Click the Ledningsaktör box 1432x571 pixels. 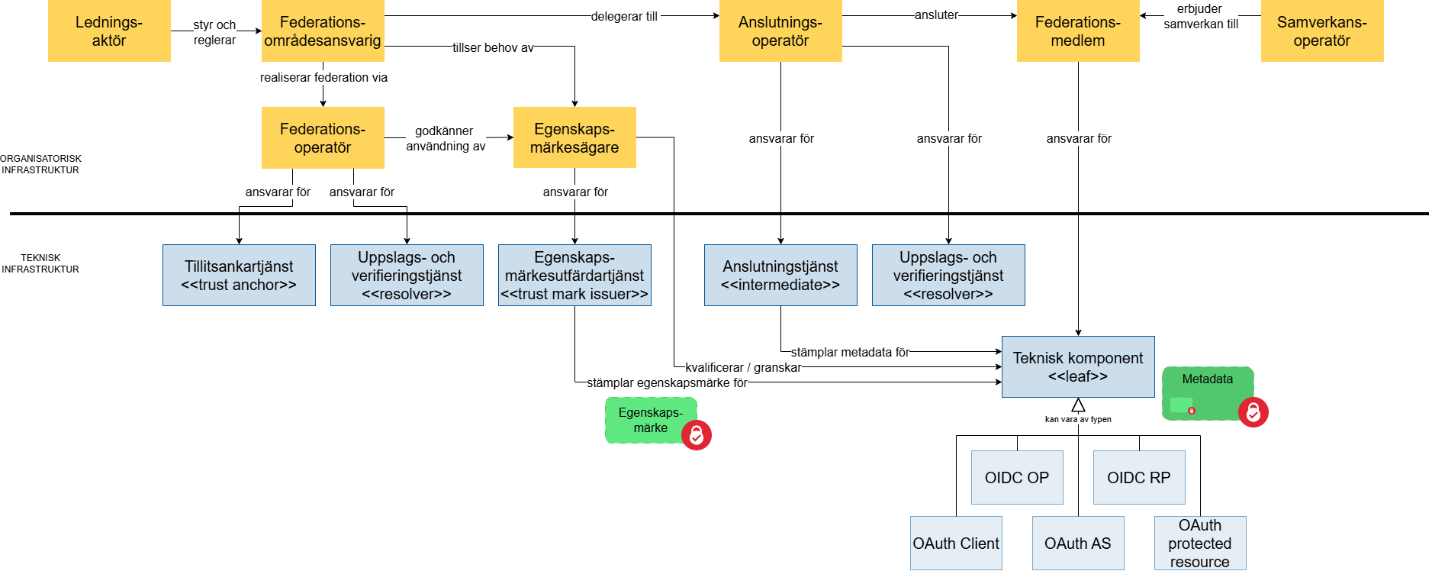coord(109,31)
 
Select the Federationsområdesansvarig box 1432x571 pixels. coord(323,31)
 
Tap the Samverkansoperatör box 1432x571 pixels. coord(1321,31)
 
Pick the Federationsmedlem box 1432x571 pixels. coord(1077,31)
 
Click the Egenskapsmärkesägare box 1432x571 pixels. coord(574,137)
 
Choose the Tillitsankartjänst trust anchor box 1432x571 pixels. coord(239,276)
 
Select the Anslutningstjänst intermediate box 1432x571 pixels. coord(780,276)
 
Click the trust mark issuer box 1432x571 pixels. coord(574,276)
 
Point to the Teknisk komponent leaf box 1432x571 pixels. coord(1077,367)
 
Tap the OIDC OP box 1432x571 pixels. coord(1016,478)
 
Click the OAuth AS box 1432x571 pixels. coord(1077,544)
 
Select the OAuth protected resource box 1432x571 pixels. coord(1199,544)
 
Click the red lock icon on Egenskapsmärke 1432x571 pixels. coord(696,435)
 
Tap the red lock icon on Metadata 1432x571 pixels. coord(1253,412)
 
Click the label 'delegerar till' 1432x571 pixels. coord(624,16)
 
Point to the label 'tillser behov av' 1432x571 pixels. coord(493,47)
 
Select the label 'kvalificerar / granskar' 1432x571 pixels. coord(743,367)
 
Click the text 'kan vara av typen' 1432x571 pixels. coord(1077,419)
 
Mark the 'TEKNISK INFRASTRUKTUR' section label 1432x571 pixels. coord(40,263)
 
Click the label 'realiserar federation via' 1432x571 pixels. coord(323,77)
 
